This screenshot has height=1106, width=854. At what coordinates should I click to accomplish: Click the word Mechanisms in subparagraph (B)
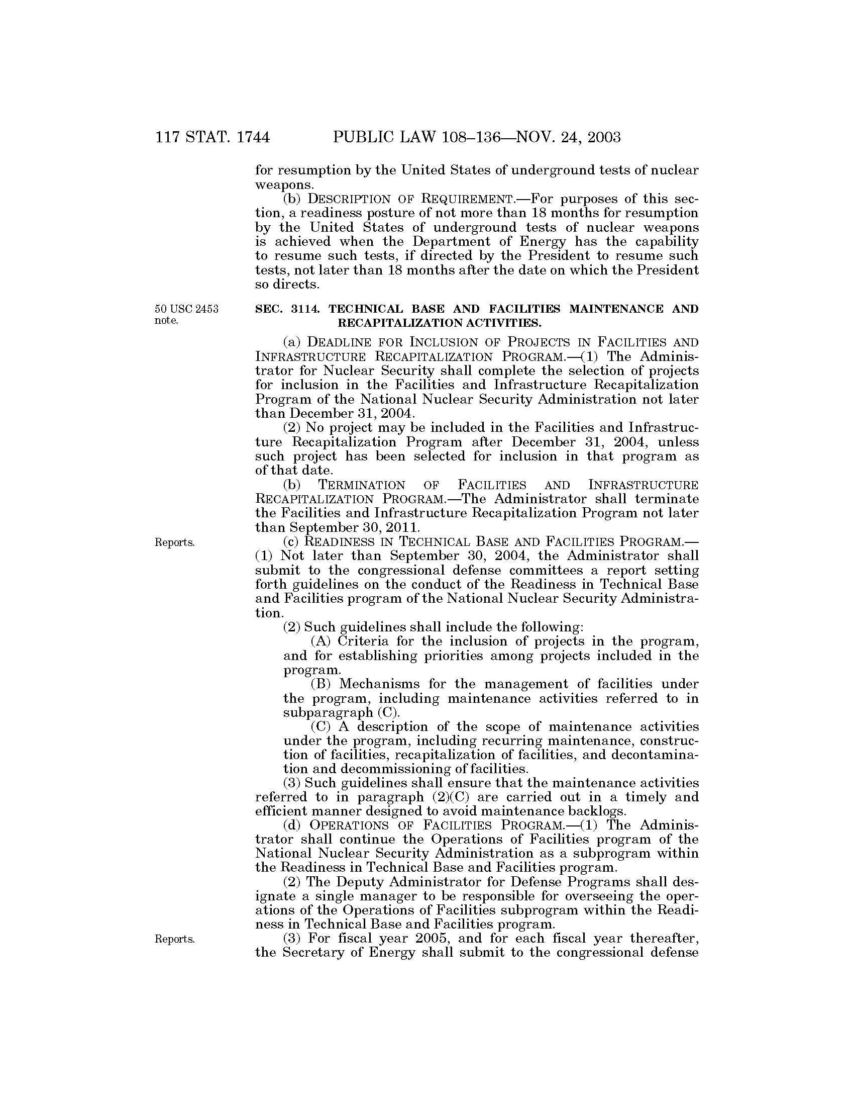click(x=378, y=684)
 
